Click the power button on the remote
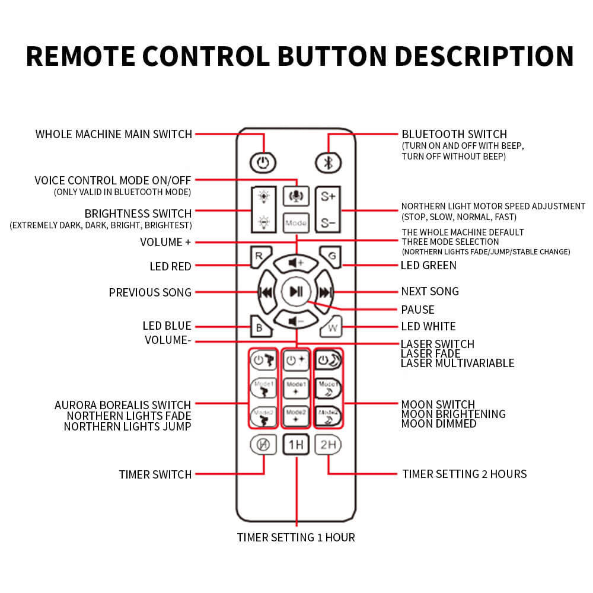(x=263, y=162)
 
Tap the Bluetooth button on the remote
(x=328, y=162)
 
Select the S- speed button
(x=328, y=224)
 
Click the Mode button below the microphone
(x=295, y=224)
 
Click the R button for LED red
(x=260, y=256)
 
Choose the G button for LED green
(x=330, y=256)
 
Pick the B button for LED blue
(x=260, y=327)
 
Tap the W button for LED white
(x=331, y=327)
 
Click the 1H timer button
(x=295, y=444)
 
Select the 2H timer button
(x=328, y=444)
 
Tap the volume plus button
(x=295, y=262)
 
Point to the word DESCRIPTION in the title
(x=484, y=56)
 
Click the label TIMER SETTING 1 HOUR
(x=296, y=538)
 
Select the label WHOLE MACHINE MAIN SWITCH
(x=114, y=134)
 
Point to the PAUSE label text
(x=417, y=310)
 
